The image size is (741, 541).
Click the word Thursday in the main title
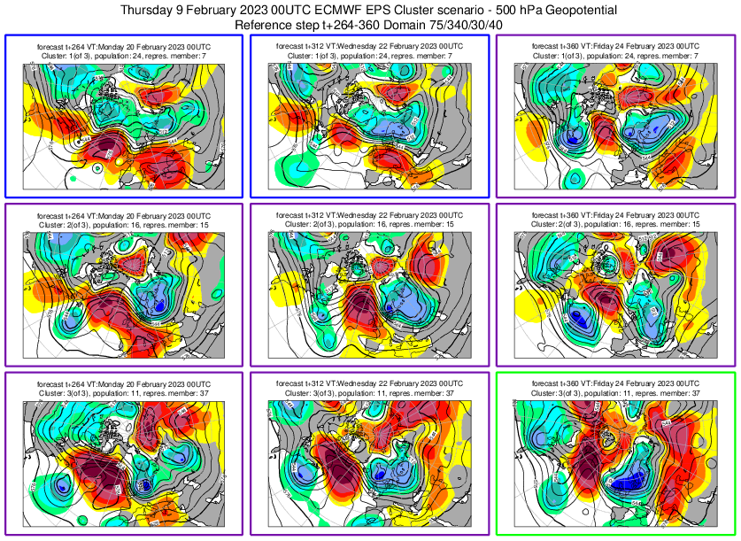point(151,11)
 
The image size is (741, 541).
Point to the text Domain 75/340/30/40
point(441,26)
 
